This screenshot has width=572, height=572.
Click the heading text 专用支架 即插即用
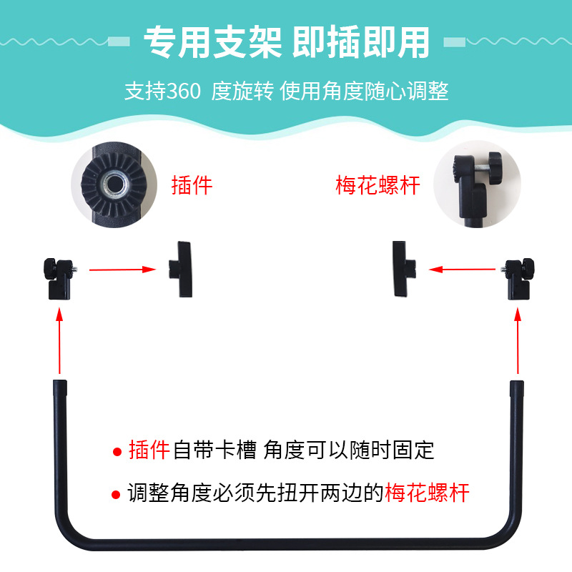287,42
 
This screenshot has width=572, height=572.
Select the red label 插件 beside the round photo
192,185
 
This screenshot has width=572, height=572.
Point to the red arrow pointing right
122,270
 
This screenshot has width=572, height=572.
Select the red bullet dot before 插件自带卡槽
117,452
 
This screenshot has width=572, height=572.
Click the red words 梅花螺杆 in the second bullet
427,493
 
